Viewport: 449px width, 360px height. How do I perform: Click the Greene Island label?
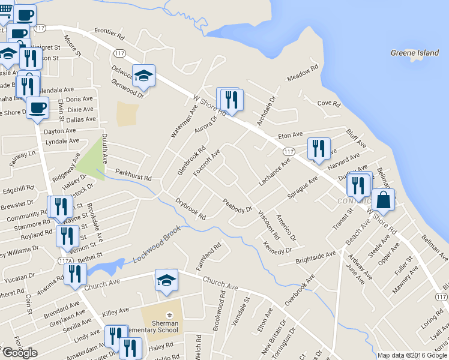coord(415,53)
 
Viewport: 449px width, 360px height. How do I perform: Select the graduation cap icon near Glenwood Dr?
coord(143,76)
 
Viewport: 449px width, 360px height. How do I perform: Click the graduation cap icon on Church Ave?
coord(166,280)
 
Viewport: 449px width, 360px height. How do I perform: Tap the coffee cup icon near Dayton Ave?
coord(37,108)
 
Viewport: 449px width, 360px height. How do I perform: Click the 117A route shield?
coord(65,261)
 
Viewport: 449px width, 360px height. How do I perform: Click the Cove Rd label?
coord(329,103)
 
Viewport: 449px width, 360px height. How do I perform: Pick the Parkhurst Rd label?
coord(133,179)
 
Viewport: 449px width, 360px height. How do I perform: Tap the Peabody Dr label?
coord(237,205)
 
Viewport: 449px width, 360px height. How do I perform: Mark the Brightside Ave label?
coord(316,259)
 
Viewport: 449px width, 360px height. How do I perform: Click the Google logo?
coord(20,353)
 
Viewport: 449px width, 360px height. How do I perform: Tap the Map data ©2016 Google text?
coord(412,355)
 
